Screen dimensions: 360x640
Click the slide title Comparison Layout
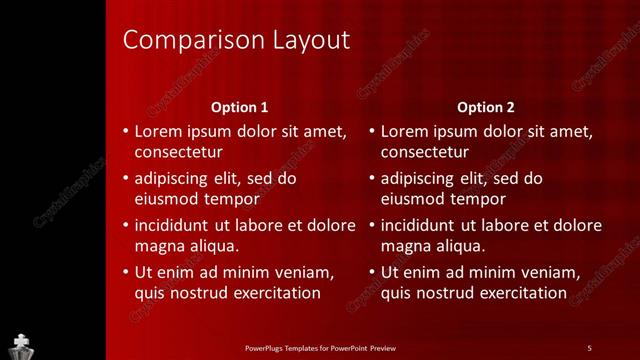pos(236,41)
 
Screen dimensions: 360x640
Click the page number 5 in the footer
pos(589,347)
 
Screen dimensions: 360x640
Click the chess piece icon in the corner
pos(21,343)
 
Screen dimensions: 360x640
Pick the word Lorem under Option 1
pos(156,131)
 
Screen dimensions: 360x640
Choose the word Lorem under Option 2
pos(403,131)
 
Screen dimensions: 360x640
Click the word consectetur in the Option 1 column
pos(178,153)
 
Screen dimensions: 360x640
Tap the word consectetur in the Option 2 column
pos(425,153)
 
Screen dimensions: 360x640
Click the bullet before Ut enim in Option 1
pos(125,272)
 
